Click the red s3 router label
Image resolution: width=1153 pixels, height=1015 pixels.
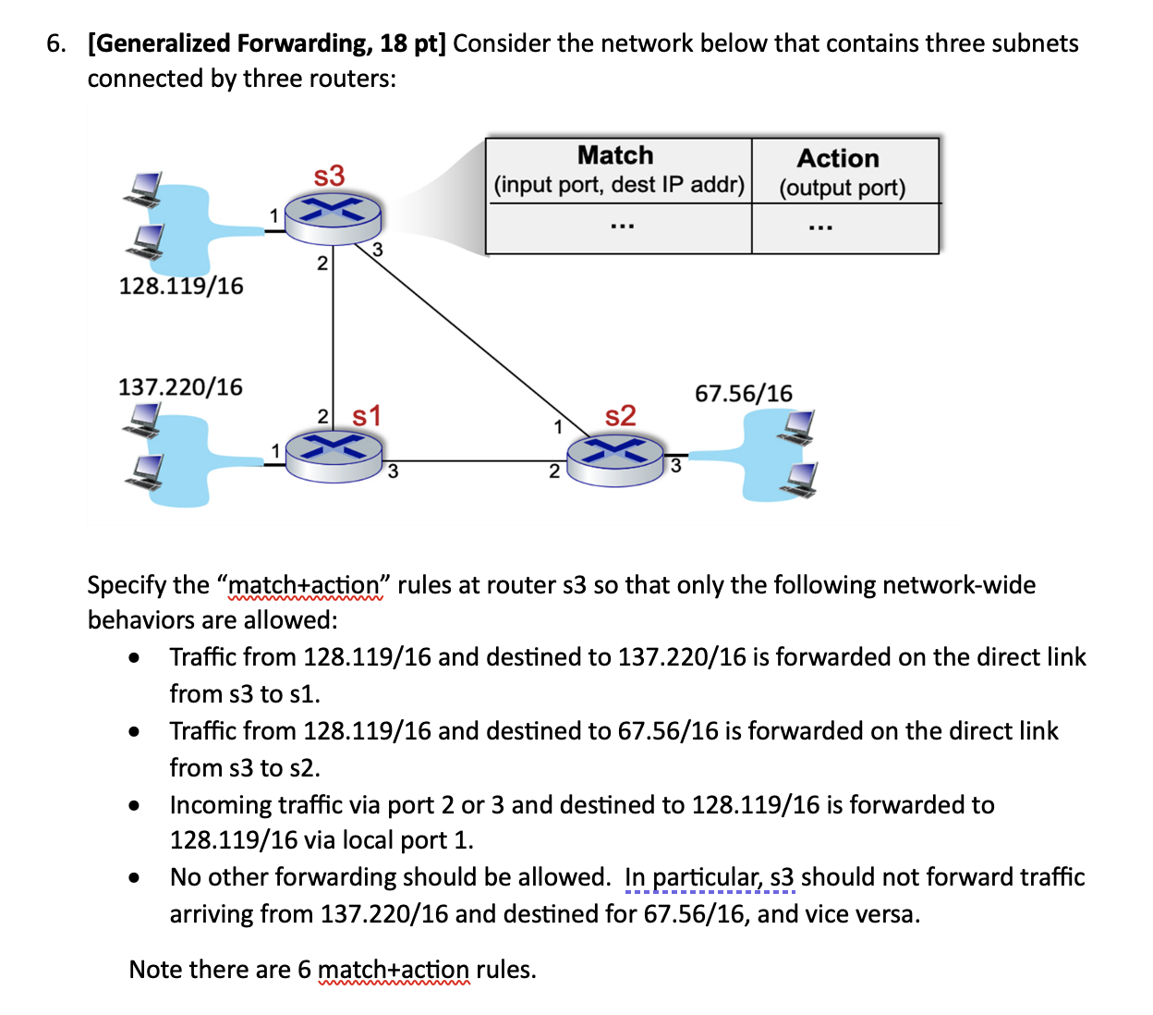click(329, 175)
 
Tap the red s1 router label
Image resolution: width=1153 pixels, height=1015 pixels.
click(367, 416)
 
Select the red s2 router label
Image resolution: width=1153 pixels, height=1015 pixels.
click(621, 416)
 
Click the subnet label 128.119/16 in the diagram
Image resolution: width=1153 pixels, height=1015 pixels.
click(181, 286)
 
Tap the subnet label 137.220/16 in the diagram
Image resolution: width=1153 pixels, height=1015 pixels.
click(180, 386)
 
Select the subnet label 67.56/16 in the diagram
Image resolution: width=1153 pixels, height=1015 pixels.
click(744, 394)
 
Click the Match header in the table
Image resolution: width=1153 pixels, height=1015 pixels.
click(615, 155)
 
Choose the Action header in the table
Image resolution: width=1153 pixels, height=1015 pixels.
click(838, 158)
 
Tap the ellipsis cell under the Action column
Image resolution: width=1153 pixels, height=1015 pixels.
click(819, 226)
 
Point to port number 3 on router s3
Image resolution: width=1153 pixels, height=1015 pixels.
click(378, 250)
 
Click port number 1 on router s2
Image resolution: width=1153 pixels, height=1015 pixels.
click(557, 426)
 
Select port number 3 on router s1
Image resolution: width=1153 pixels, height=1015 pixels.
click(393, 472)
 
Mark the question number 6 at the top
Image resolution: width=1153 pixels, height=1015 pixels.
click(55, 43)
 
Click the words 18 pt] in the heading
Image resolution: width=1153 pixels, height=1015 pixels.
click(412, 43)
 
